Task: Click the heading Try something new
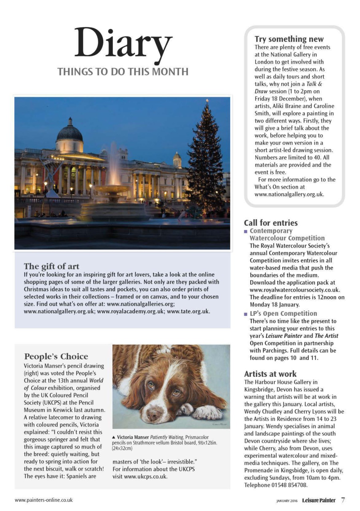coord(289,39)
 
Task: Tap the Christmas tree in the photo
coord(206,160)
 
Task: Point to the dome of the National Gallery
coord(70,133)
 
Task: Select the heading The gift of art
coord(52,266)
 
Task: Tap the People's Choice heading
coord(56,356)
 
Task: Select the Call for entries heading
coord(270,223)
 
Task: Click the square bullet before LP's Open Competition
coord(246,314)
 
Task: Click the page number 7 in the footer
coord(343,499)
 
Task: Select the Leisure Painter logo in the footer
coord(318,500)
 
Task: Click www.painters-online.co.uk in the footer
coord(44,499)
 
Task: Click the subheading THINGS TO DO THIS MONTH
coord(123,72)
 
